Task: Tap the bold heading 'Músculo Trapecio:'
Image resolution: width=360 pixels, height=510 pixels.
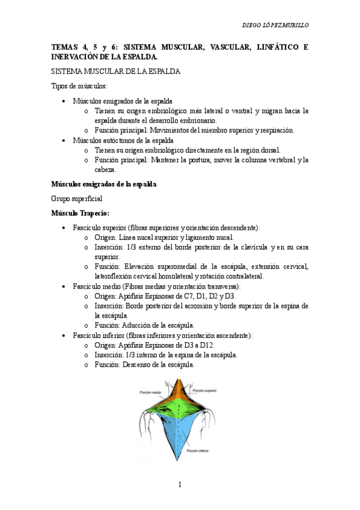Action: (80, 213)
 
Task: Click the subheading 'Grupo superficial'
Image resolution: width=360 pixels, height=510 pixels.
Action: (76, 198)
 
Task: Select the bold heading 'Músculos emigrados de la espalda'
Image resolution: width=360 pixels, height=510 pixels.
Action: (104, 183)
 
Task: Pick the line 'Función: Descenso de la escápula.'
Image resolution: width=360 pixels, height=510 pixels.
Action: (144, 364)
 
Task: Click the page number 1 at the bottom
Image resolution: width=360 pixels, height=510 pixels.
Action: (179, 484)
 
